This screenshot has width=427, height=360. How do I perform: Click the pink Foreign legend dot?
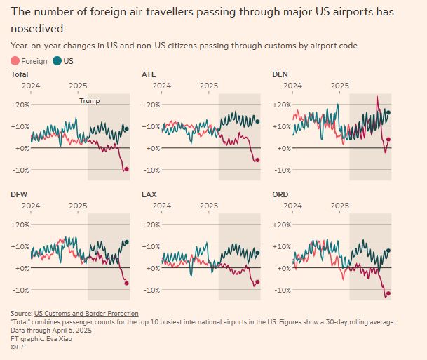point(16,61)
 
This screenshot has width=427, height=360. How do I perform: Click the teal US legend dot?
point(57,61)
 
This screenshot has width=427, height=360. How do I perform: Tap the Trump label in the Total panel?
point(89,100)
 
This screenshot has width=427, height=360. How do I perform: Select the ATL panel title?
point(149,74)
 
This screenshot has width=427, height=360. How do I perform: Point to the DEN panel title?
point(280,74)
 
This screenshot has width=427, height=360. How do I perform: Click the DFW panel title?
point(19,193)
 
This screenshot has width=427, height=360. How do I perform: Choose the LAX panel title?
point(149,193)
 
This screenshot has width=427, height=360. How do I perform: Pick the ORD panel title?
point(280,193)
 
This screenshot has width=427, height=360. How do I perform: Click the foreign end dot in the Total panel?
point(126,169)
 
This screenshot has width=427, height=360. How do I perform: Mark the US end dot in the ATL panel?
point(257,121)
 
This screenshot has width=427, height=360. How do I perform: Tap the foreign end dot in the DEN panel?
point(388,139)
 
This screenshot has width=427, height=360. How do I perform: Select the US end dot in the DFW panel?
point(126,242)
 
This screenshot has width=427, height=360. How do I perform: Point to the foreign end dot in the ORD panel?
point(388,293)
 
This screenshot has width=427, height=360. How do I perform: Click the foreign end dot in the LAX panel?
point(257,281)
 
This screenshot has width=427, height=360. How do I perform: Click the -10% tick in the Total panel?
point(20,170)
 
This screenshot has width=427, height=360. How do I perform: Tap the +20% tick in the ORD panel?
point(282,225)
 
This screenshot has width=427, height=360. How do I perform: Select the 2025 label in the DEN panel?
point(340,86)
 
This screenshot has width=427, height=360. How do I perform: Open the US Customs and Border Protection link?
point(86,313)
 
